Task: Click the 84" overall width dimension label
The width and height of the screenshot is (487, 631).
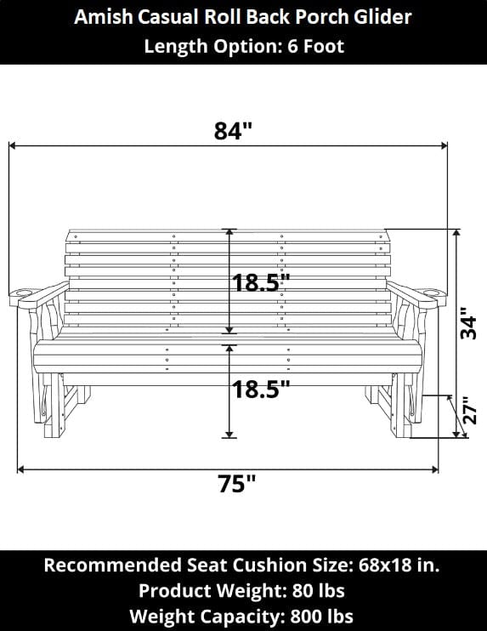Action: pyautogui.click(x=233, y=132)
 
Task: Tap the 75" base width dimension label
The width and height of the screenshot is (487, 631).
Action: pyautogui.click(x=237, y=484)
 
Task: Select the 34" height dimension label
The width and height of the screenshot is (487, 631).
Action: pyautogui.click(x=468, y=323)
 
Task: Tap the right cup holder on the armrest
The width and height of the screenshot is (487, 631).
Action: pyautogui.click(x=433, y=293)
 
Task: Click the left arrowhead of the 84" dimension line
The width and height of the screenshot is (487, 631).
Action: pyautogui.click(x=12, y=146)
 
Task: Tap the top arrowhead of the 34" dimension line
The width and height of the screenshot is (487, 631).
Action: pyautogui.click(x=458, y=233)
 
